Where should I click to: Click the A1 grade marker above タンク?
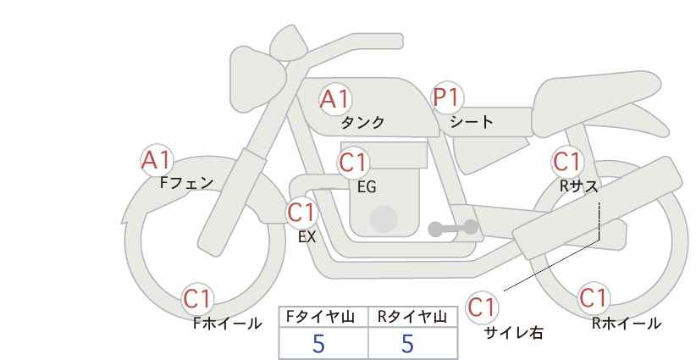point(335,99)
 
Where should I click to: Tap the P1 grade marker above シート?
point(447,97)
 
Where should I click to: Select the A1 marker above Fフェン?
point(157,160)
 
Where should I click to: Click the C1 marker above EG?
point(353,163)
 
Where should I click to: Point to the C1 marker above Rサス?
point(566,162)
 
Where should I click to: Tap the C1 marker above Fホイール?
point(198,299)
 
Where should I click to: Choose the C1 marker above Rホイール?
point(593,297)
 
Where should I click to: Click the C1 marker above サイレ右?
point(482,307)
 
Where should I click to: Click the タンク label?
point(362,122)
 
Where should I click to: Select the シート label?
point(472,121)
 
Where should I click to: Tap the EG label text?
point(367,187)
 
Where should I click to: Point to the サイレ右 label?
point(514,333)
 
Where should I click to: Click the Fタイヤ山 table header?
point(320,317)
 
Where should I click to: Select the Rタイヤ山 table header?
point(412,317)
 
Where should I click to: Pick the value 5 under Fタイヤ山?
point(318,343)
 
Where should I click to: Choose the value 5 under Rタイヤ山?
point(407,343)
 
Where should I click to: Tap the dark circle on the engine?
point(384,219)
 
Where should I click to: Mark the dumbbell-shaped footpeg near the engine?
point(453,228)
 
